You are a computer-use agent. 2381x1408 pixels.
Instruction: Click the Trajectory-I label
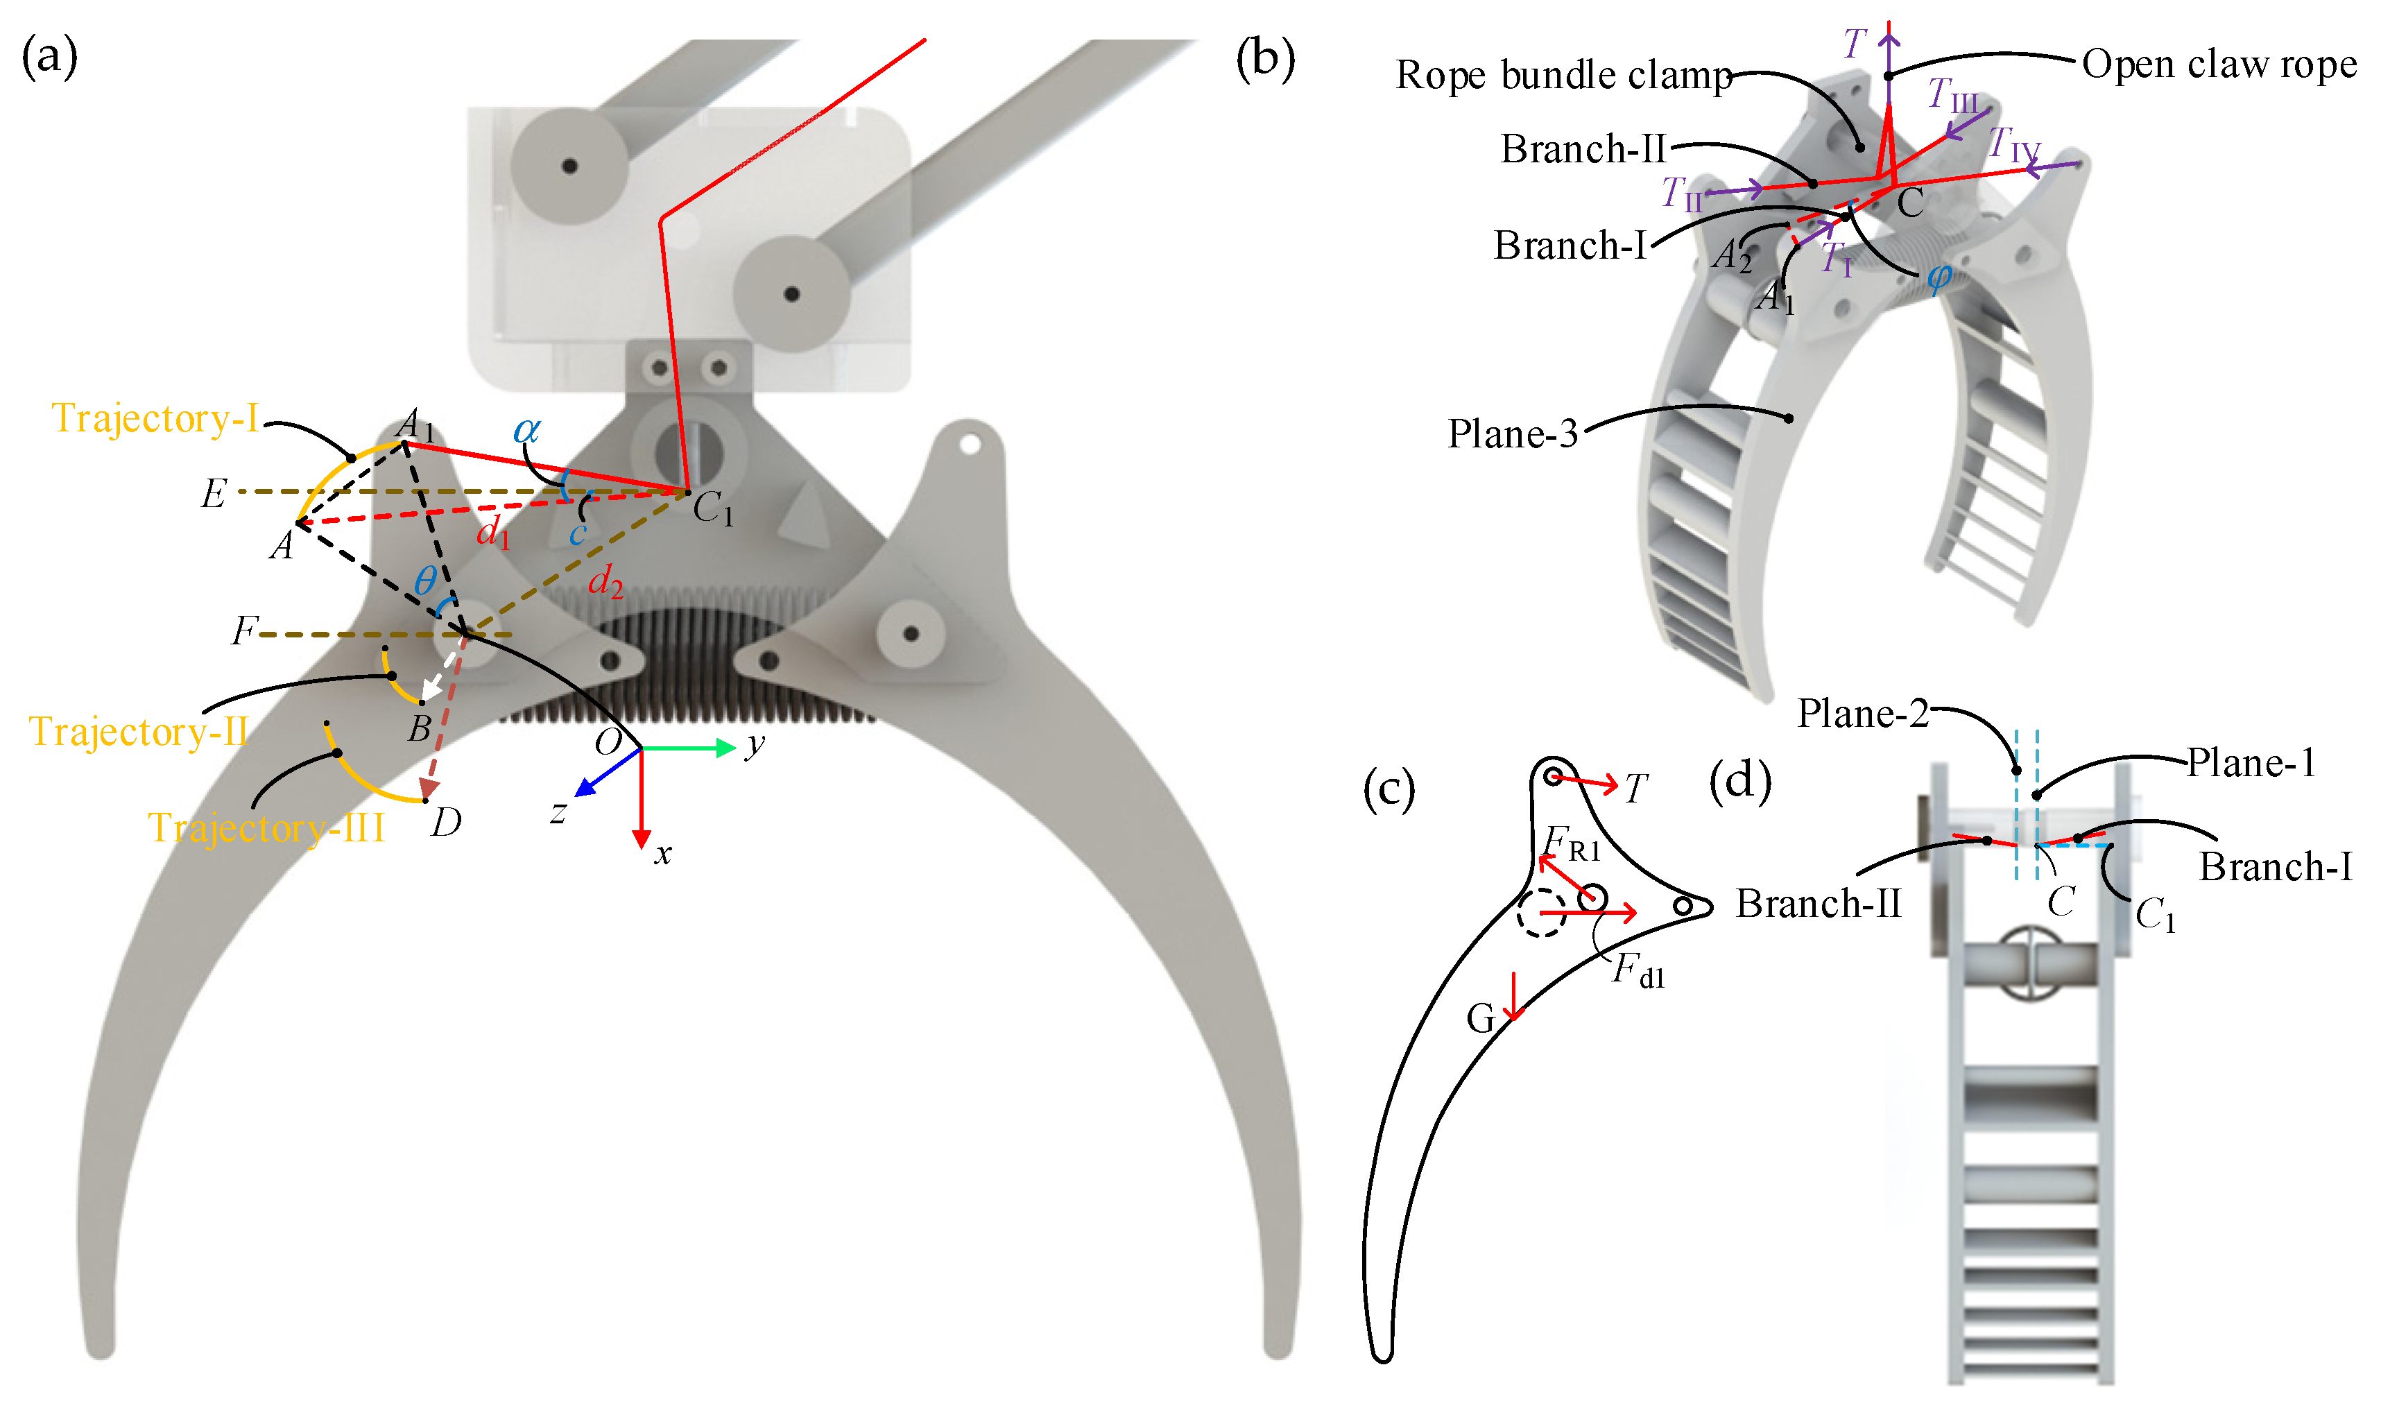coord(155,418)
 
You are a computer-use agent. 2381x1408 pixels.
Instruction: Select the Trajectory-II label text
coord(139,732)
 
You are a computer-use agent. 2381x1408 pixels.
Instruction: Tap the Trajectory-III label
coord(266,828)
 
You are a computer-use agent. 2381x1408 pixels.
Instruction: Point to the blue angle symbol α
coord(526,430)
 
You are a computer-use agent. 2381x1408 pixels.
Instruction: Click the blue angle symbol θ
coord(426,580)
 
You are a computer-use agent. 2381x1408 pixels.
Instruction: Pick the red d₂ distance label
coord(605,582)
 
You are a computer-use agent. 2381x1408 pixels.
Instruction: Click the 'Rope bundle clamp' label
coord(1564,75)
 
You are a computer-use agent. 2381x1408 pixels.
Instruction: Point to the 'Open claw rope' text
coord(2219,65)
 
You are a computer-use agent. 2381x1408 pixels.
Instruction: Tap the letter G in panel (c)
coord(1481,1019)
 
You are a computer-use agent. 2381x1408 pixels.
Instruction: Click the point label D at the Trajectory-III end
coord(446,822)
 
